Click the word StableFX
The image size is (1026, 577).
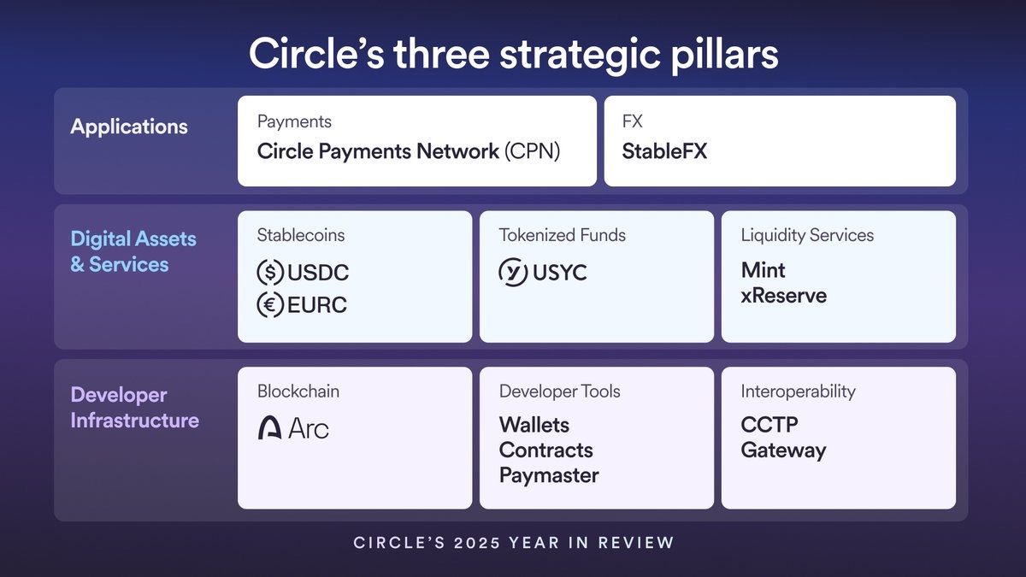pos(664,151)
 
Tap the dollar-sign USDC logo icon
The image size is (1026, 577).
pos(270,273)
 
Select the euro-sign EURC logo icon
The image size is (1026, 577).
pos(270,304)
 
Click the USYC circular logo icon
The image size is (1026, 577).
pos(513,272)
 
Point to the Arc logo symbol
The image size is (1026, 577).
pos(269,427)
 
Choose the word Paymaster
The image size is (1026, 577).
pos(549,475)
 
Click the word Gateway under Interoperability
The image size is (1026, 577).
pos(783,450)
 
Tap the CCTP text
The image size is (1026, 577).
pos(769,425)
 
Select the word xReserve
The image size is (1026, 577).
pos(783,296)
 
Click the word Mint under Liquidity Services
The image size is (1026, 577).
pos(763,270)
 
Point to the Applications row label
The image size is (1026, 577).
pos(129,127)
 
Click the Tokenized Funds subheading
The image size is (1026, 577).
pos(563,235)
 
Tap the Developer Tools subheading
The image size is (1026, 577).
pos(559,392)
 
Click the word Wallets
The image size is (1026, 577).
pos(534,425)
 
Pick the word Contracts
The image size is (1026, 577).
pos(545,450)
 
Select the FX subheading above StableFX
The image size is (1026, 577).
pos(632,121)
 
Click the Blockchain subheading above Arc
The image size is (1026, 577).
pos(298,392)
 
